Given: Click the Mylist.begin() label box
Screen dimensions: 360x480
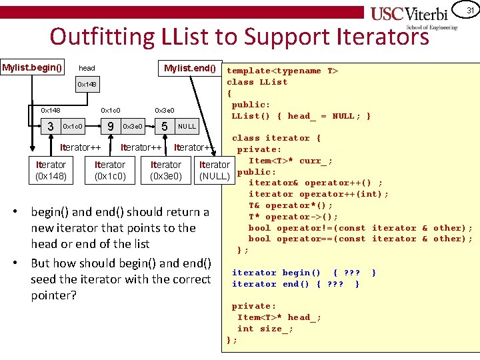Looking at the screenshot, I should [33, 67].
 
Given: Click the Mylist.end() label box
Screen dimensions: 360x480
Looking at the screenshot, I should [190, 68].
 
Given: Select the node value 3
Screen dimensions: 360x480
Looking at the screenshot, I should [51, 126].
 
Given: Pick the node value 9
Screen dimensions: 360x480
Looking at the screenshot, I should [109, 126].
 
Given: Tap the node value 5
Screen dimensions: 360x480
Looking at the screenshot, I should [164, 126].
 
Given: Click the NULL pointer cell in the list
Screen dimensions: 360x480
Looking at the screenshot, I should [187, 126].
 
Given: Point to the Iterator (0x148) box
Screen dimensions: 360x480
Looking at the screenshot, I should [51, 171].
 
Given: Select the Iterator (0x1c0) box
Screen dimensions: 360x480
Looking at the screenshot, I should [110, 171].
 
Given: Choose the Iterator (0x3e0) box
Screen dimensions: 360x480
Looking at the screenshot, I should [166, 171].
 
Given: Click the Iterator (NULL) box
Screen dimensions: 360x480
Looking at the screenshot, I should [215, 171].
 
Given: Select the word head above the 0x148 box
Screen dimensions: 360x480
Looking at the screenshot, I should [87, 68].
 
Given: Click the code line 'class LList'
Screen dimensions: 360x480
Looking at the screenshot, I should [257, 82].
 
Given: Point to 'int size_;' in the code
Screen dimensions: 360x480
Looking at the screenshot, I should [265, 329].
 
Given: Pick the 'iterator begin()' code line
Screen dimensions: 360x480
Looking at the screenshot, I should [276, 273].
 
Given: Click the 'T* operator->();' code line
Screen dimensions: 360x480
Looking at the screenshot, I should [293, 217].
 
